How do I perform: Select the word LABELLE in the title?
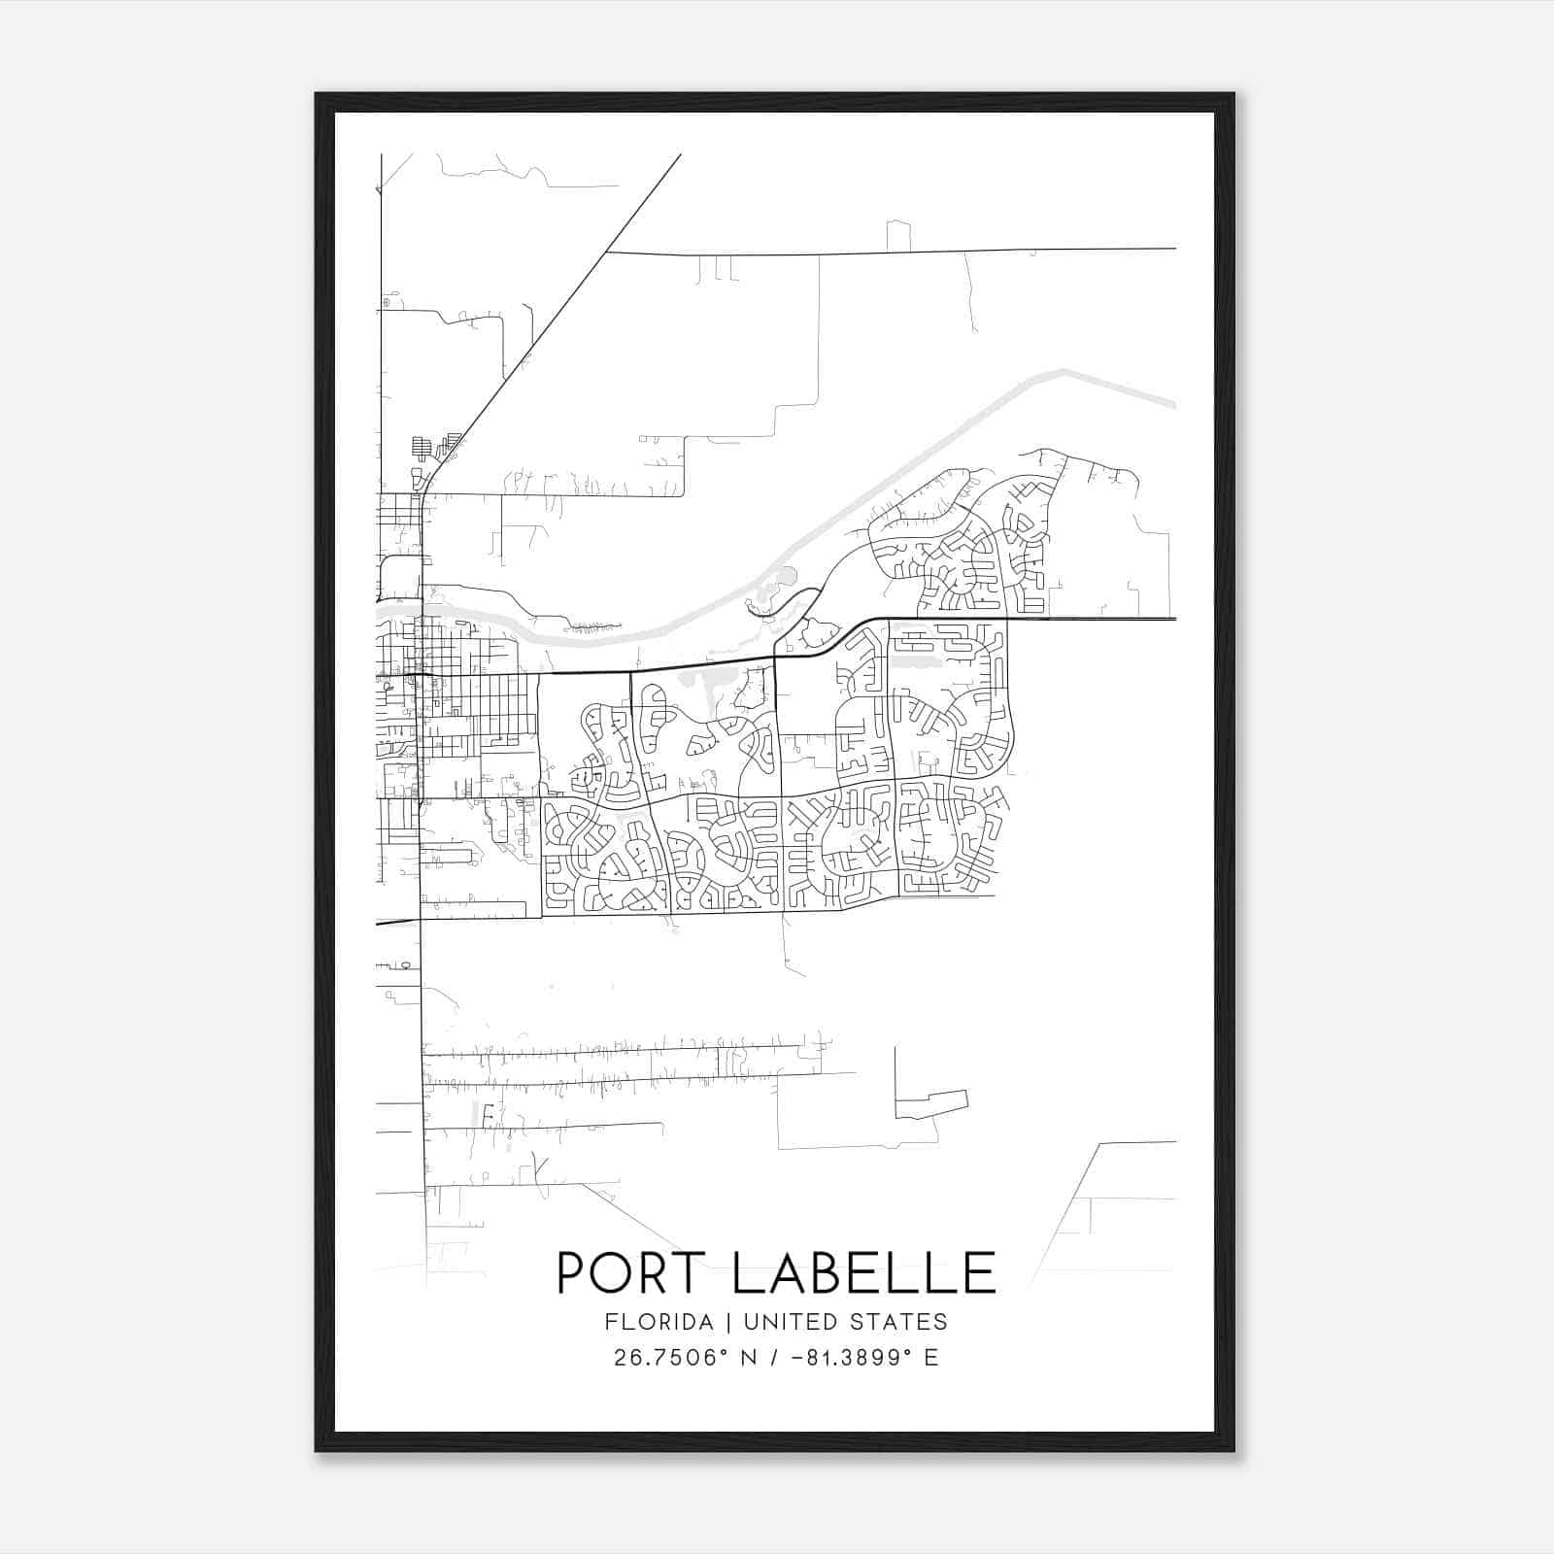(x=863, y=1272)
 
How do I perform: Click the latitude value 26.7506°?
(x=670, y=1358)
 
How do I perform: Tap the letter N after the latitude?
(x=748, y=1358)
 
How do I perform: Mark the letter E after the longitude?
(x=931, y=1358)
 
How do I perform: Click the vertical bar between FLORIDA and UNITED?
(x=718, y=1322)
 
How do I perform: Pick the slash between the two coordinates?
(x=775, y=1358)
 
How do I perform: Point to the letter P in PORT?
(x=572, y=1272)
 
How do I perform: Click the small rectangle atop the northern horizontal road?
(x=898, y=236)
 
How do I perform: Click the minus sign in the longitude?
(x=798, y=1358)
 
